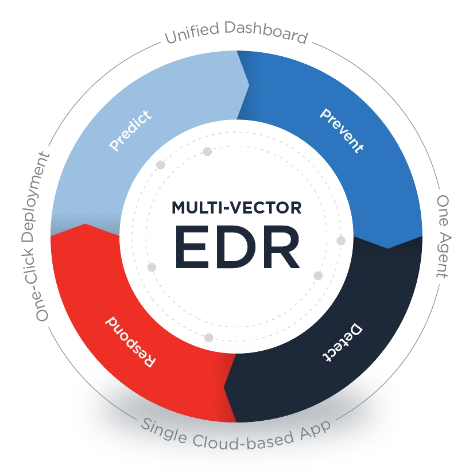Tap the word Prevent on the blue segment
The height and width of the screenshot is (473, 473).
point(341,130)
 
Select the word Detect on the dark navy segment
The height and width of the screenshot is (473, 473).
point(341,343)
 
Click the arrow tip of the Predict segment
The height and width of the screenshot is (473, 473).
point(249,85)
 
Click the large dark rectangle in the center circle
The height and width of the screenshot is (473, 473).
point(246,247)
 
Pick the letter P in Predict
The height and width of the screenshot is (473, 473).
point(114,147)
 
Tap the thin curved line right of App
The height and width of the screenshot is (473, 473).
point(362,402)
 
